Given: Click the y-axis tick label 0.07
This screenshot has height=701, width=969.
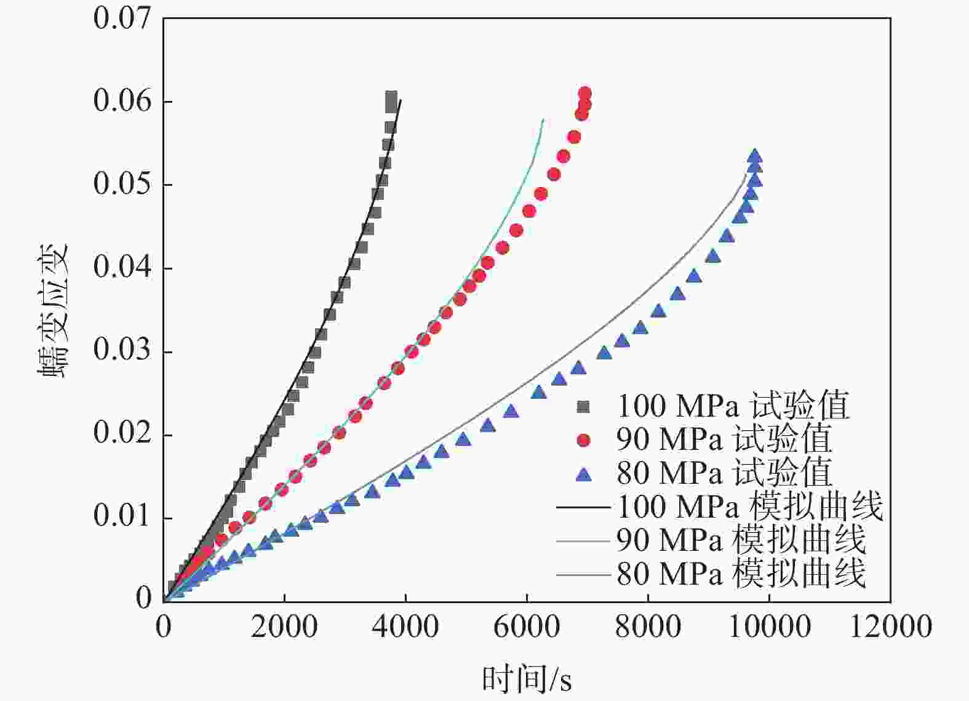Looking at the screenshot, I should [122, 18].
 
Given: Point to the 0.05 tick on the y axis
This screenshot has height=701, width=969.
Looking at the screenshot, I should [122, 184].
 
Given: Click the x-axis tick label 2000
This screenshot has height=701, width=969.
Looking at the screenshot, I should [284, 627].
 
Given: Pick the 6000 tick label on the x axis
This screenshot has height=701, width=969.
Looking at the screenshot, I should [527, 627].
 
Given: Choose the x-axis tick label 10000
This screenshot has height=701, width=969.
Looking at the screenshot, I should [769, 627].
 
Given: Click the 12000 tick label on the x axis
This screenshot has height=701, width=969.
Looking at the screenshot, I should [890, 627].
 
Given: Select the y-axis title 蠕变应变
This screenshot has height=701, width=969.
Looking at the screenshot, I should [54, 311].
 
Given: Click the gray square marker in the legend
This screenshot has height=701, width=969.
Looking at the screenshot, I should [583, 407].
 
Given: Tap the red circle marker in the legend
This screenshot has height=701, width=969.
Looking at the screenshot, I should [583, 440].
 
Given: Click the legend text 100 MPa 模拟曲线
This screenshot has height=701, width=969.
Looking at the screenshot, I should [749, 507].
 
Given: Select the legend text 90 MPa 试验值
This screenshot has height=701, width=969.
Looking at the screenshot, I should [724, 440].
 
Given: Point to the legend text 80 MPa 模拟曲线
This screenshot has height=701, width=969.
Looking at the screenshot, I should [741, 574].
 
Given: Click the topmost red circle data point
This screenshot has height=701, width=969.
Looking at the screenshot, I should [585, 94].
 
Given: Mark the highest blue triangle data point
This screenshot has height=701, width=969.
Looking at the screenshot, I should [755, 156].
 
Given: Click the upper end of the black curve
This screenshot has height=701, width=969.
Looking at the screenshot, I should [401, 100].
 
